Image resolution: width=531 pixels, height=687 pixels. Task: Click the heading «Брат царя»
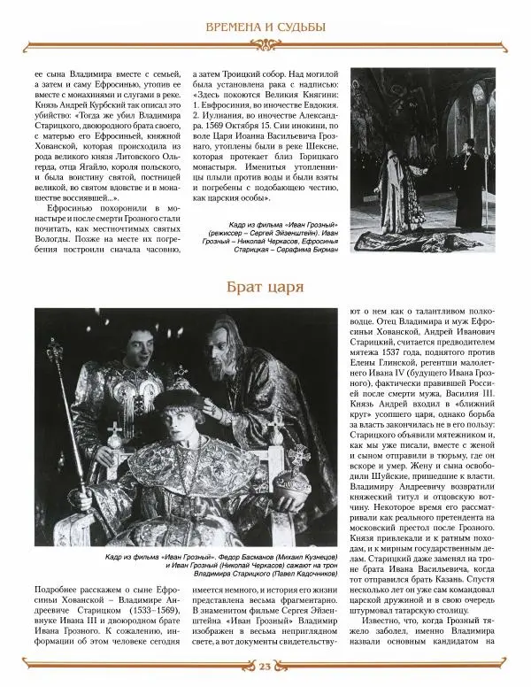click(265, 287)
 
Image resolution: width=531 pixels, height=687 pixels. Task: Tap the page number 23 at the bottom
click(265, 668)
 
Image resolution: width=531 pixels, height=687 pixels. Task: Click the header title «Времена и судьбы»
click(265, 27)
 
